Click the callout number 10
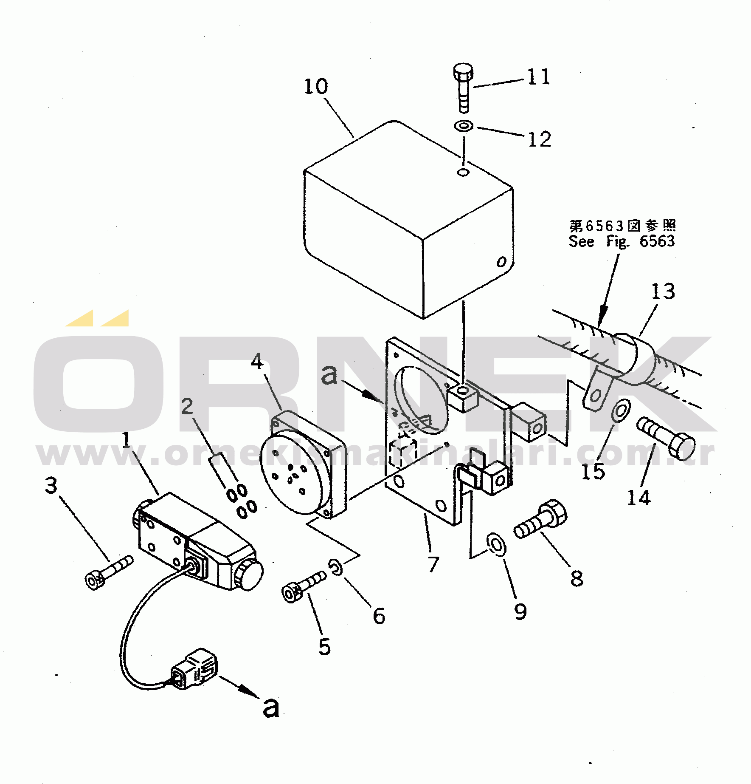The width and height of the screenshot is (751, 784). [x=315, y=87]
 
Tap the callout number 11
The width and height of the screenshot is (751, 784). [x=538, y=77]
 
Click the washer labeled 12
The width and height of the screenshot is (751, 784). [x=464, y=126]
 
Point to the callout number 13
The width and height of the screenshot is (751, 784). [x=663, y=292]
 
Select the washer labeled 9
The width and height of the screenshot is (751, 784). [x=496, y=545]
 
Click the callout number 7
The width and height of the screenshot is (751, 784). [x=433, y=564]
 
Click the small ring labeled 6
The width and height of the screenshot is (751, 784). [x=336, y=567]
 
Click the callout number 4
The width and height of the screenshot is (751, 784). [x=257, y=362]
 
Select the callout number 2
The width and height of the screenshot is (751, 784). [x=187, y=407]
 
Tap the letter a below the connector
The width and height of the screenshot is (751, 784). [x=271, y=707]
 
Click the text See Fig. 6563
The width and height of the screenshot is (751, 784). [x=621, y=241]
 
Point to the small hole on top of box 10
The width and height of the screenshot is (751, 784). [x=463, y=172]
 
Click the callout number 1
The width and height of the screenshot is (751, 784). [x=126, y=440]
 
